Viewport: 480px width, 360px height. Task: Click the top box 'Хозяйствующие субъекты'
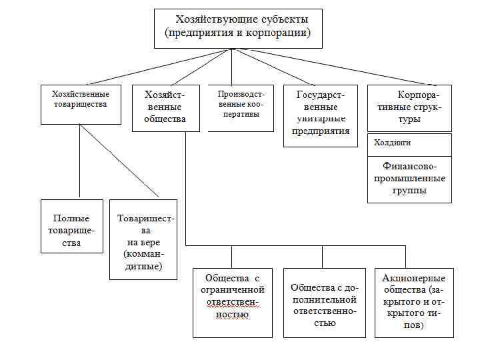[x=238, y=28]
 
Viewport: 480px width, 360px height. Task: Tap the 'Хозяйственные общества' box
[x=165, y=107]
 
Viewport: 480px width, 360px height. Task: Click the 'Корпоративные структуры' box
[x=409, y=107]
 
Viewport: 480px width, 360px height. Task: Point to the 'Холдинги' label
[x=392, y=143]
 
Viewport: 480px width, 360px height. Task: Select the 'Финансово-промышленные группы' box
[x=409, y=179]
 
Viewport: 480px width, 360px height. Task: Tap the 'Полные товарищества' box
[x=72, y=226]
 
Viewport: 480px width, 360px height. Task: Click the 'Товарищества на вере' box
[x=143, y=239]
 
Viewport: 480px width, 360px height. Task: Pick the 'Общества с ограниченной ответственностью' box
[x=232, y=302]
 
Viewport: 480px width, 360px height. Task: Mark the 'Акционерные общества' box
[x=413, y=302]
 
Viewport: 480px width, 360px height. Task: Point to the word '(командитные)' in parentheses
[x=143, y=261]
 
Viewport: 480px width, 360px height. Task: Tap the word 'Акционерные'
[x=413, y=278]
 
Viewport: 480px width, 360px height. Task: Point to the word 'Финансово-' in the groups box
[x=409, y=167]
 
